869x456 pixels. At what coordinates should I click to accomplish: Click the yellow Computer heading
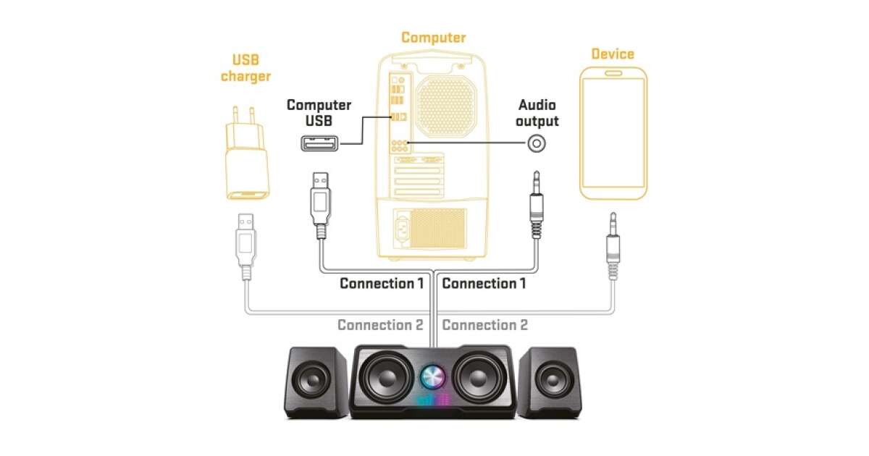pos(433,38)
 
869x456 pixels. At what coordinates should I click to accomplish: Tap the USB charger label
pos(245,68)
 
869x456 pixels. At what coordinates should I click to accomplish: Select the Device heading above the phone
pos(612,54)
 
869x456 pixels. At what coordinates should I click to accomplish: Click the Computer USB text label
pos(319,113)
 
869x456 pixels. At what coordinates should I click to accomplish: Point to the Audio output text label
pos(537,113)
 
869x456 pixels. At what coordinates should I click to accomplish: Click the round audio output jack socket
pos(536,143)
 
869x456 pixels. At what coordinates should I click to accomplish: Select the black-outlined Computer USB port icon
pos(319,143)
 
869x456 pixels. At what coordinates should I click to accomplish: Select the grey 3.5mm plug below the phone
pos(613,246)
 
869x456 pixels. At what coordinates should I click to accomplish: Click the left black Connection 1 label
pos(382,283)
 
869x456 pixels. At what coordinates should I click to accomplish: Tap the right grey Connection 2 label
pos(484,325)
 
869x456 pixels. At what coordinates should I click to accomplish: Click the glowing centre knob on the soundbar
pos(434,376)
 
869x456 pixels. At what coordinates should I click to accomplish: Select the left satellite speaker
pos(316,381)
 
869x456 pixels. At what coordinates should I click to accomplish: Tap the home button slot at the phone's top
pos(613,74)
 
